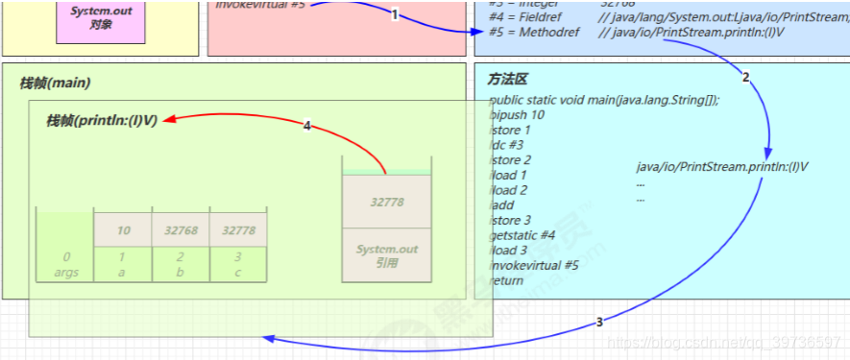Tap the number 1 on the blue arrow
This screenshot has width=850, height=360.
(394, 14)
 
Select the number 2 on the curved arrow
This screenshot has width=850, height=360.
(745, 76)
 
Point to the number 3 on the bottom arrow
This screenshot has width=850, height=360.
(599, 323)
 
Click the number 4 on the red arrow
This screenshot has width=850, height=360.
(306, 126)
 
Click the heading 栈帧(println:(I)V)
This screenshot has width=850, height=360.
(102, 120)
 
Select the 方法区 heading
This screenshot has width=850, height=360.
(507, 80)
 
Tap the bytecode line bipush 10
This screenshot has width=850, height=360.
(517, 114)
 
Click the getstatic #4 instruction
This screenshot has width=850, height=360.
(522, 235)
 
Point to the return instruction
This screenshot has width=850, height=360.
(506, 280)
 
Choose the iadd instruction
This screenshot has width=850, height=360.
(501, 205)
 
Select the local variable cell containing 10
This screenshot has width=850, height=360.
(123, 230)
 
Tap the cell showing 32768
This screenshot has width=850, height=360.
(181, 230)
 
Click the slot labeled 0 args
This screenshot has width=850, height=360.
(65, 264)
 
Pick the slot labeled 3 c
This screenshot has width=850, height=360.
(238, 264)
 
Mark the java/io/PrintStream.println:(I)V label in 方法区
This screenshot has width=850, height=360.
(722, 166)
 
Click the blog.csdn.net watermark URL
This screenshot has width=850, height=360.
(726, 343)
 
